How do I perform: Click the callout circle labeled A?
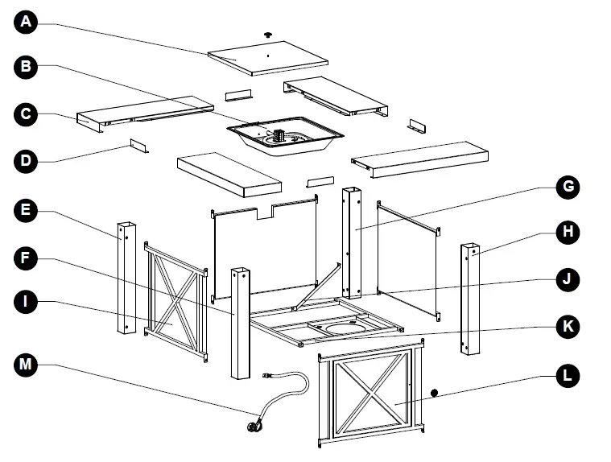click(x=27, y=22)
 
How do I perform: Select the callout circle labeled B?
click(x=27, y=68)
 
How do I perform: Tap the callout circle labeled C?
click(x=27, y=113)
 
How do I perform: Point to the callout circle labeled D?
click(x=27, y=161)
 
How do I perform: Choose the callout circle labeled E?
click(x=27, y=212)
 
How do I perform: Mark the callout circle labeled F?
click(x=27, y=258)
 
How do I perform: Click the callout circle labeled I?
click(x=27, y=303)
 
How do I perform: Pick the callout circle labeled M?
click(x=27, y=365)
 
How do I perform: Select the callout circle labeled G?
click(x=568, y=188)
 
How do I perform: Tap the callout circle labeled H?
click(x=568, y=233)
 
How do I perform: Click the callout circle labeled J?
click(x=568, y=279)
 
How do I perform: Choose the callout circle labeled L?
click(x=568, y=375)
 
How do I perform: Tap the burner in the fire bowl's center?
click(x=281, y=137)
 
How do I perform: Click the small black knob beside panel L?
click(x=436, y=394)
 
